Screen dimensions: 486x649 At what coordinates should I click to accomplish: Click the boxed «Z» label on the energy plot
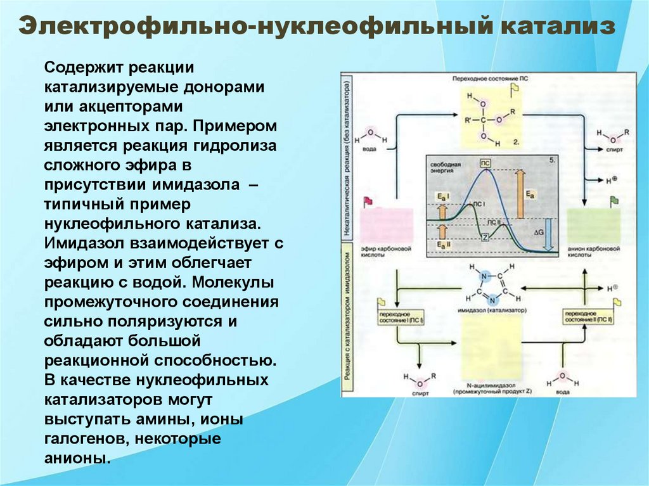[x=484, y=237]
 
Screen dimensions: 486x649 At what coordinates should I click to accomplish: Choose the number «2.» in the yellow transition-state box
[x=515, y=143]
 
